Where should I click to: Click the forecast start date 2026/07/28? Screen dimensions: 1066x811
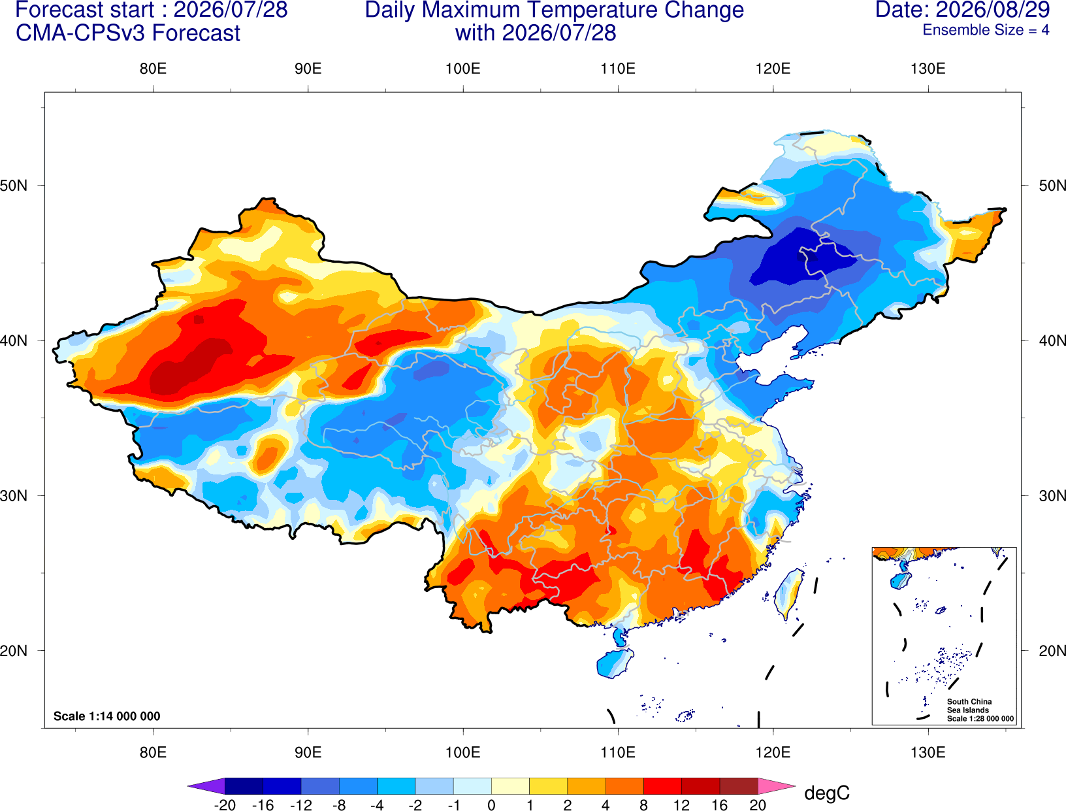click(x=230, y=10)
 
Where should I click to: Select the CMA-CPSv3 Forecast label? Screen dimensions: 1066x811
click(x=128, y=33)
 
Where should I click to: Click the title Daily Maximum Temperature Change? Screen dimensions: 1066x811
click(x=554, y=10)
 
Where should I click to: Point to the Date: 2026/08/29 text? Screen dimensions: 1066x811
click(x=962, y=10)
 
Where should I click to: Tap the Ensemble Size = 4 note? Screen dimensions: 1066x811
click(x=986, y=30)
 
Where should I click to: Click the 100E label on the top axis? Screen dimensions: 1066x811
click(x=463, y=69)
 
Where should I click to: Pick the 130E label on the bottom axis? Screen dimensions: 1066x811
click(x=928, y=753)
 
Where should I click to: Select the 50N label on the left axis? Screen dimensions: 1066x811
click(x=14, y=186)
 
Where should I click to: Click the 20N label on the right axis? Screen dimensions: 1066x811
click(x=1052, y=651)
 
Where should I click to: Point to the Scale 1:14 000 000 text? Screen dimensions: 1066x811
click(x=107, y=716)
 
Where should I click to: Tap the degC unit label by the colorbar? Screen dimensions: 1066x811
click(x=826, y=793)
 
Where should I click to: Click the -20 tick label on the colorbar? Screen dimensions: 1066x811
click(x=225, y=804)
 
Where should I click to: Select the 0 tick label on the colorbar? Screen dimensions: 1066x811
click(x=491, y=804)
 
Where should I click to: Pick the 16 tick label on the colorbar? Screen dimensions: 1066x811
click(x=719, y=804)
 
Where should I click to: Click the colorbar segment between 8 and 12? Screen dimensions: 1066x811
click(x=662, y=786)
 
